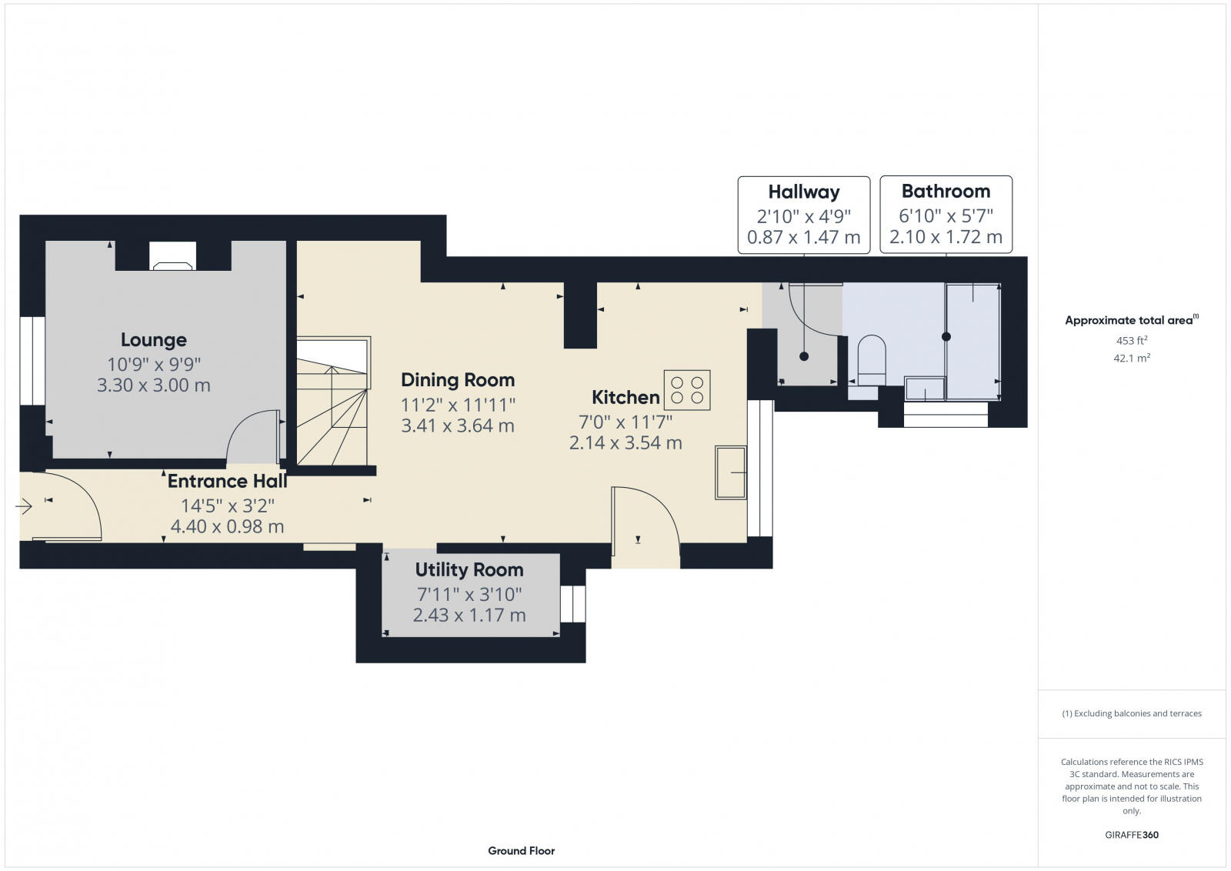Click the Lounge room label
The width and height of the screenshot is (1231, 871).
(153, 339)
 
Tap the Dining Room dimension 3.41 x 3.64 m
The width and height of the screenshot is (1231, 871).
(457, 425)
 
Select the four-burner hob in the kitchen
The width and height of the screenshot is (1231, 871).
(687, 389)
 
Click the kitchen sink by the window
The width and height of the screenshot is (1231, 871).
(730, 472)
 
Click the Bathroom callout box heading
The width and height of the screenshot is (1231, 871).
(946, 191)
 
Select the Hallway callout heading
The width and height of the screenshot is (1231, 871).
(803, 192)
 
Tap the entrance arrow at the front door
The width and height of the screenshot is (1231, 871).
(23, 507)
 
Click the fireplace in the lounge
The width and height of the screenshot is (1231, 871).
(172, 257)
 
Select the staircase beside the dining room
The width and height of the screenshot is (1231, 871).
(333, 404)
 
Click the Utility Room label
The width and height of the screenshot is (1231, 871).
(469, 570)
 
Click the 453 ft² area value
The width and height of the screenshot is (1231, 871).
(1131, 340)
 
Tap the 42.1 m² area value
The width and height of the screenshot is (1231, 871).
(1131, 358)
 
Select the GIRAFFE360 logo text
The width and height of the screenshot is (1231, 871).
(1131, 835)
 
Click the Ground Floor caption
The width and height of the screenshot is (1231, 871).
(521, 850)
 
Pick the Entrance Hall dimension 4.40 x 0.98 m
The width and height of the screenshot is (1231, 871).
(227, 527)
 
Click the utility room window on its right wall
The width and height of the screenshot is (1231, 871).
(572, 604)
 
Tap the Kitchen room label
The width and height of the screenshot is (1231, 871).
(625, 398)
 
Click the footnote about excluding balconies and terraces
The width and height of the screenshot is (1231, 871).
(1131, 713)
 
